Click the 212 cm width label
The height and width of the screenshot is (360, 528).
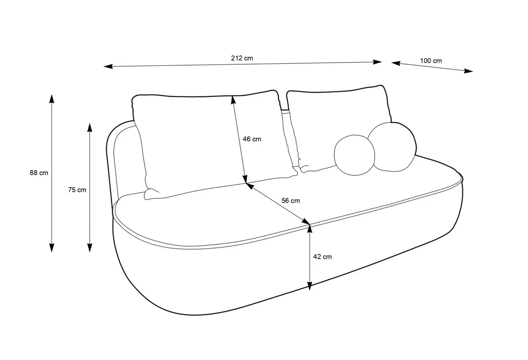242,58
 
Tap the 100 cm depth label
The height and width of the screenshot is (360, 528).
431,61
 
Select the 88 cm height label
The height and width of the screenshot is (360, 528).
39,173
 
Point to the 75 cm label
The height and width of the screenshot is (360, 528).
77,190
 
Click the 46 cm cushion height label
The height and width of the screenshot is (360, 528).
252,139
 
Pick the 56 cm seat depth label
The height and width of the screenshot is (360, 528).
291,201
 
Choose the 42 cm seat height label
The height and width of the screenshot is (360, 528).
322,257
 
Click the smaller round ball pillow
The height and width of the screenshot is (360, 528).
354,155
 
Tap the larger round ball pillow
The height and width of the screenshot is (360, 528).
392,147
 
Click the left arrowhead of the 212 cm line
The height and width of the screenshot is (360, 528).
108,66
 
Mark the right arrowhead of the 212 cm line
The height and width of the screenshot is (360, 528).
377,62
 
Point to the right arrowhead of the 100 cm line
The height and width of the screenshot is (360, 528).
468,71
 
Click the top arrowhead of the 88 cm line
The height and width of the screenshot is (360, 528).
51,99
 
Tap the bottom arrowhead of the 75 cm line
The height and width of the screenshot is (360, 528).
90,247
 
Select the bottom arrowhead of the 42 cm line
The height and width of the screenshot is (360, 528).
310,286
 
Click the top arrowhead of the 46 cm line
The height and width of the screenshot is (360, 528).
233,100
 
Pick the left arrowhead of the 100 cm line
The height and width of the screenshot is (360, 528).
396,63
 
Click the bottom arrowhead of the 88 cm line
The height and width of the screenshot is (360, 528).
51,247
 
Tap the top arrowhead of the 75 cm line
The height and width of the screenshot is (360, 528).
90,128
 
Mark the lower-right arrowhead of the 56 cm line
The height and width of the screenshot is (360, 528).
305,221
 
